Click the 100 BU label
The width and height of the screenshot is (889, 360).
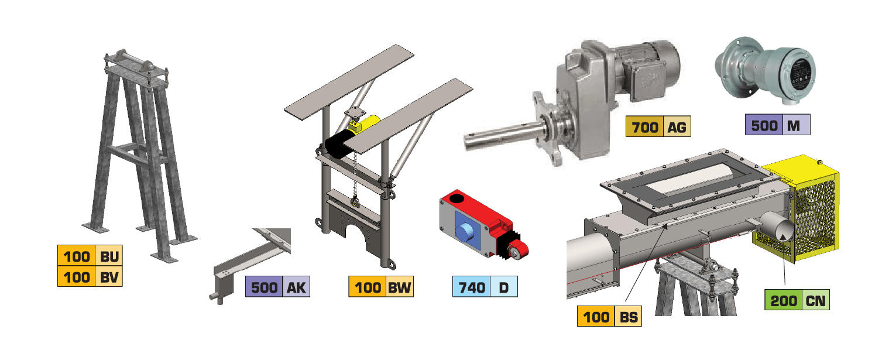pyautogui.click(x=90, y=256)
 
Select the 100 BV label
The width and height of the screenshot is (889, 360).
pyautogui.click(x=90, y=276)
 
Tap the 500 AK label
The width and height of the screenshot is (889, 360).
pyautogui.click(x=277, y=287)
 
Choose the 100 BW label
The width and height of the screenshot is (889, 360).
pyautogui.click(x=381, y=287)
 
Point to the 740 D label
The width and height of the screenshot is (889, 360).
pyautogui.click(x=485, y=287)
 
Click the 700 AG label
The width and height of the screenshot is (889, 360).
pyautogui.click(x=658, y=126)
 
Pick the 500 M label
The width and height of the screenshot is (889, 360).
pyautogui.click(x=777, y=125)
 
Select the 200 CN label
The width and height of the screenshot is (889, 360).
pyautogui.click(x=797, y=300)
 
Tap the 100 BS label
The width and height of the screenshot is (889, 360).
pyautogui.click(x=609, y=316)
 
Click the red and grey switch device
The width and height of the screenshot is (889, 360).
pyautogui.click(x=482, y=224)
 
